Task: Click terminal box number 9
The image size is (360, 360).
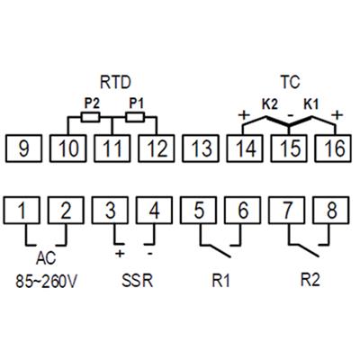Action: pyautogui.click(x=23, y=148)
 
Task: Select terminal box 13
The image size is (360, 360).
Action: pyautogui.click(x=201, y=148)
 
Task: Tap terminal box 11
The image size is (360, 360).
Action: pyautogui.click(x=112, y=148)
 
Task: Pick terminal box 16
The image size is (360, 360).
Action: pyautogui.click(x=333, y=148)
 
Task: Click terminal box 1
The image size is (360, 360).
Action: pyautogui.click(x=22, y=210)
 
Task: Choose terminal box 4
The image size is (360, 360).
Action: pyautogui.click(x=154, y=210)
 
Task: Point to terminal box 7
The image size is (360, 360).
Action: pyautogui.click(x=287, y=210)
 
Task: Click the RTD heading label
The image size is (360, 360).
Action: pyautogui.click(x=115, y=82)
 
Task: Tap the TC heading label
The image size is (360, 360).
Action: pyautogui.click(x=291, y=82)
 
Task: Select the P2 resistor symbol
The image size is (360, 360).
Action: pyautogui.click(x=90, y=117)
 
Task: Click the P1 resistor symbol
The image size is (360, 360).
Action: pyautogui.click(x=135, y=117)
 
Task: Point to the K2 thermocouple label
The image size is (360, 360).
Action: pyautogui.click(x=270, y=104)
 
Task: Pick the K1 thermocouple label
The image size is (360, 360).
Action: pyautogui.click(x=311, y=104)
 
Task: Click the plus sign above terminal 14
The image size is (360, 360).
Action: pyautogui.click(x=244, y=115)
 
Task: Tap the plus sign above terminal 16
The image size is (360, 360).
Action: pyautogui.click(x=337, y=115)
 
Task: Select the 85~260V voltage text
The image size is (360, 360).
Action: pyautogui.click(x=47, y=282)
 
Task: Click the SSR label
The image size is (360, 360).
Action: pyautogui.click(x=138, y=281)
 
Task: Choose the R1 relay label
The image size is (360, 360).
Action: pyautogui.click(x=221, y=281)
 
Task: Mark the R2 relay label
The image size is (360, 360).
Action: pyautogui.click(x=310, y=280)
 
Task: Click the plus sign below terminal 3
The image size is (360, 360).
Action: pyautogui.click(x=120, y=254)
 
